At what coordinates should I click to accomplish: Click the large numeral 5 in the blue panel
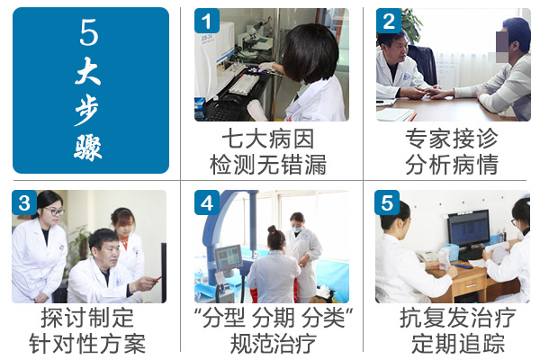click(x=89, y=31)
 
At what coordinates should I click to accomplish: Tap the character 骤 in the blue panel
click(x=88, y=148)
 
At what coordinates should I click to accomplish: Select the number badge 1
click(x=207, y=21)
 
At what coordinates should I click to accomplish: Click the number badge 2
click(x=389, y=21)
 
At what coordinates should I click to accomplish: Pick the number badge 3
click(x=24, y=202)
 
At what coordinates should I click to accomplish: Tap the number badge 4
click(x=207, y=202)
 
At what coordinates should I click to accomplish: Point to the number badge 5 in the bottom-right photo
click(x=387, y=202)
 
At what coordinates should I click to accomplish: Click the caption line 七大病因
click(x=268, y=139)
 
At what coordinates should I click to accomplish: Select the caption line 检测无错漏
click(x=268, y=165)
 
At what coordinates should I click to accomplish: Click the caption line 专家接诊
click(x=452, y=139)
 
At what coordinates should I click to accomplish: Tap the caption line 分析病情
click(x=452, y=165)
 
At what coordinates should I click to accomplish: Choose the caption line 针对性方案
click(x=87, y=343)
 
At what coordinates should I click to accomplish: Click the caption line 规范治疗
click(x=273, y=343)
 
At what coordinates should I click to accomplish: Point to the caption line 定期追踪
click(x=458, y=343)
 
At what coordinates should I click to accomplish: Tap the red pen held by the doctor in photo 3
click(x=158, y=278)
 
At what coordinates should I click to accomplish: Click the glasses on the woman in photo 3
click(x=54, y=211)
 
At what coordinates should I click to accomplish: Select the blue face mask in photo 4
click(x=297, y=229)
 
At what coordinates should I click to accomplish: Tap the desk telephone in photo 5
click(x=427, y=256)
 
